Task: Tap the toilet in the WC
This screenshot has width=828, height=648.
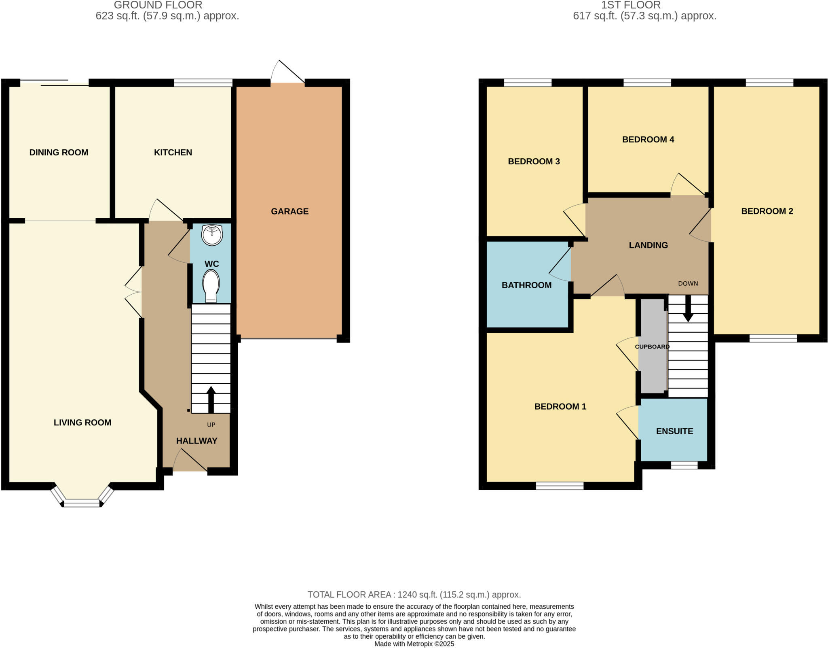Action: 211,286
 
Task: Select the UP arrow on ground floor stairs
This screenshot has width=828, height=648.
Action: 211,399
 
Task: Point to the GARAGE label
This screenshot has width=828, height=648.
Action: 289,211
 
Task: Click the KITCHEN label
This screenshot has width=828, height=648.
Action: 173,153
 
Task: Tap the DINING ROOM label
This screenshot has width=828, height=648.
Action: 59,153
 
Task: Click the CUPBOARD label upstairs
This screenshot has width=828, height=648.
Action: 652,347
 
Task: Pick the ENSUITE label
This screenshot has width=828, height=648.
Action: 674,431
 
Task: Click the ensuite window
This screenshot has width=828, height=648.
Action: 684,465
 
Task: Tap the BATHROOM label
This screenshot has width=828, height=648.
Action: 526,285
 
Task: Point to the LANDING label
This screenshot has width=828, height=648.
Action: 648,245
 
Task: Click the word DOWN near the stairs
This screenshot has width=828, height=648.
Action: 688,284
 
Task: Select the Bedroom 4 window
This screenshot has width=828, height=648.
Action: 647,83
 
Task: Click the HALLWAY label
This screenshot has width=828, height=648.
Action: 196,441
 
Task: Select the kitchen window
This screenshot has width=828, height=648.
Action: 203,83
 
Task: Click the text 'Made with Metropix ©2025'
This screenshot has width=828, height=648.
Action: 414,644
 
